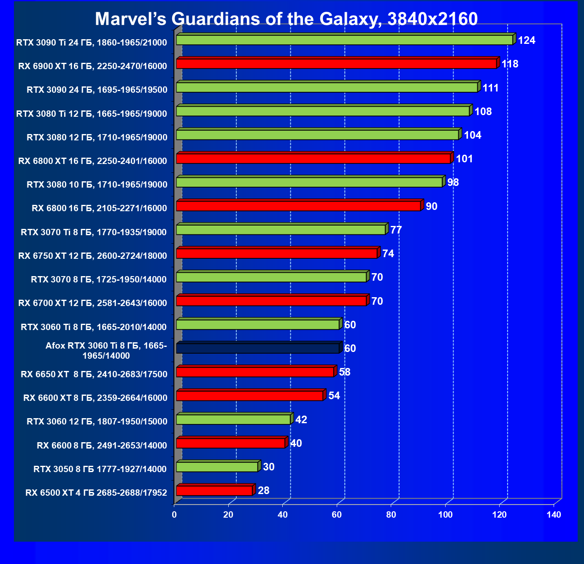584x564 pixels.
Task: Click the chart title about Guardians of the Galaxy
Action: pyautogui.click(x=286, y=19)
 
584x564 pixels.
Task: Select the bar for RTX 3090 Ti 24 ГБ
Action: pyautogui.click(x=344, y=40)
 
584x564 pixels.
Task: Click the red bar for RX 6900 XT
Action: pyautogui.click(x=336, y=64)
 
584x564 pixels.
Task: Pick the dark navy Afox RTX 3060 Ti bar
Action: pyautogui.click(x=257, y=348)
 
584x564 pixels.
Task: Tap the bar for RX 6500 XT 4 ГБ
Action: pyautogui.click(x=214, y=490)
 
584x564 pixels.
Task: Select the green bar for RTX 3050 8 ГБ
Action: pyautogui.click(x=217, y=467)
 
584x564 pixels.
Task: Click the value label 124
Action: pyautogui.click(x=527, y=40)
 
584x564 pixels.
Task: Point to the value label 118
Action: pyautogui.click(x=510, y=64)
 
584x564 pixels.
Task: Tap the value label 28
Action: pyautogui.click(x=264, y=491)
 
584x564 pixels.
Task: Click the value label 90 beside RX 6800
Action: pyautogui.click(x=432, y=207)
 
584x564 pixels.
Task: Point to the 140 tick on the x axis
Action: pyautogui.click(x=554, y=515)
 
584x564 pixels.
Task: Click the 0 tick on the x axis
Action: pyautogui.click(x=174, y=515)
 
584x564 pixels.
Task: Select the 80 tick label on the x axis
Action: pyautogui.click(x=391, y=515)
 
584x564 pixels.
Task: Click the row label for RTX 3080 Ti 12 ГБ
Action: pyautogui.click(x=92, y=113)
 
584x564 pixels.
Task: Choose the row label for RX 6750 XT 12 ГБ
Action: pyautogui.click(x=93, y=255)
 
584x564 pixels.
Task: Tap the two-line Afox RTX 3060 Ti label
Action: pyautogui.click(x=106, y=351)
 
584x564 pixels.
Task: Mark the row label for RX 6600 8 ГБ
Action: pyautogui.click(x=102, y=445)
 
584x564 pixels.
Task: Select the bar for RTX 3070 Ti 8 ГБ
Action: pyautogui.click(x=281, y=230)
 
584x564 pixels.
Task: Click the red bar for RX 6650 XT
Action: pyautogui.click(x=255, y=372)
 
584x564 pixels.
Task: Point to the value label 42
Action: pyautogui.click(x=301, y=420)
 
